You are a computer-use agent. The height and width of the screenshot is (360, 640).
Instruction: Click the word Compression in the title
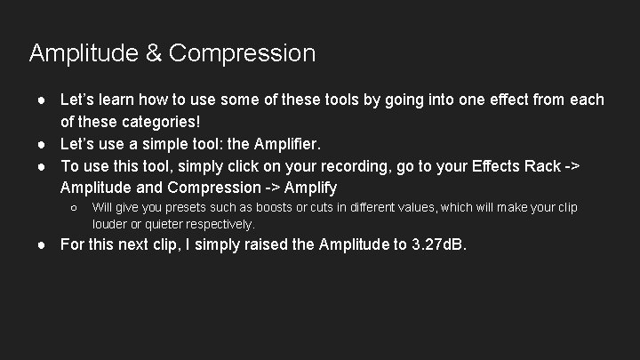[x=241, y=54]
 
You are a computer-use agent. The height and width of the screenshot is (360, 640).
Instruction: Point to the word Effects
[x=511, y=164]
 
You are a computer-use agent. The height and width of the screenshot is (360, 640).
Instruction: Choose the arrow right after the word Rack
[x=595, y=164]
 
